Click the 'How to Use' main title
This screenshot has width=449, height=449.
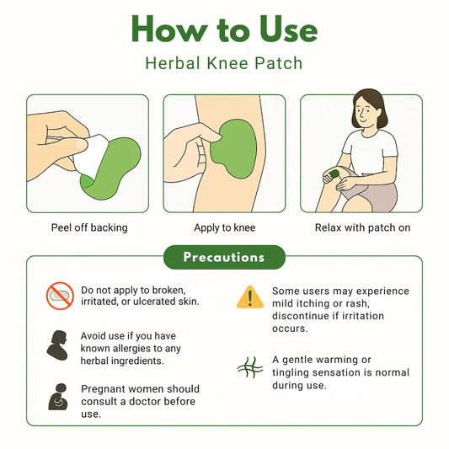point(224,31)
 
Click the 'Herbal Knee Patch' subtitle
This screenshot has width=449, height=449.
point(224,63)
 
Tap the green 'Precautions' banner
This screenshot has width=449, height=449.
point(224,257)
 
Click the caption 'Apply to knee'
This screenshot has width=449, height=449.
point(224,227)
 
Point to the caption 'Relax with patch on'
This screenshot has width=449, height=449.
point(362,227)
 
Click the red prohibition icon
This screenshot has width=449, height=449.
point(60,296)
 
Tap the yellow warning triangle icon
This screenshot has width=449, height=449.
point(249,297)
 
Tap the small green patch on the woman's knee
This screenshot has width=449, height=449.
point(334,174)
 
